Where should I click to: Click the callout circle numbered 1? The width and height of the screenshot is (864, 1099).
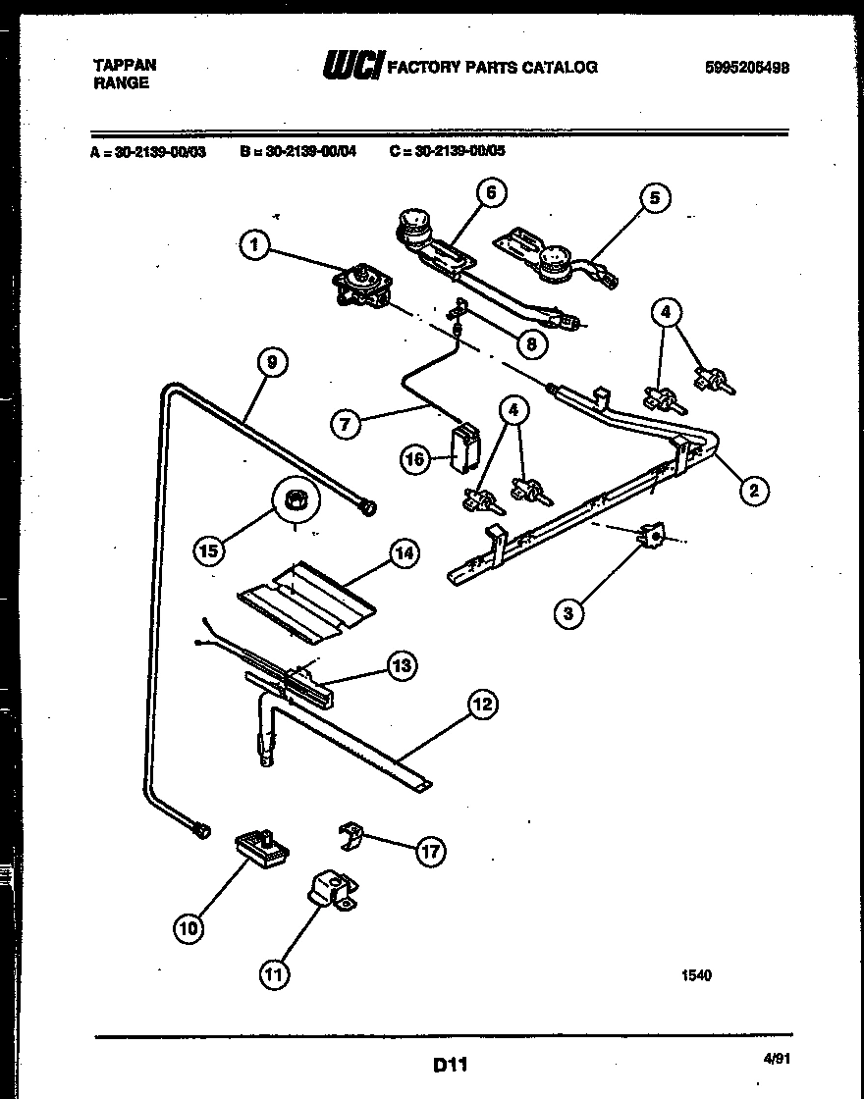[254, 245]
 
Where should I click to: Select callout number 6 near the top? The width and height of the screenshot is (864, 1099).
[491, 192]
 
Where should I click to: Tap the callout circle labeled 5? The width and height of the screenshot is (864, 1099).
[655, 198]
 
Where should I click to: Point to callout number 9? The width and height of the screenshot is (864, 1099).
[272, 362]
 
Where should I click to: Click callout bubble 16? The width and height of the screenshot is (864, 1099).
[416, 458]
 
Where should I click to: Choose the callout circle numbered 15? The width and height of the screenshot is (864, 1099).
[208, 550]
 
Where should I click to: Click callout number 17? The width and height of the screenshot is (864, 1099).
[429, 851]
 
